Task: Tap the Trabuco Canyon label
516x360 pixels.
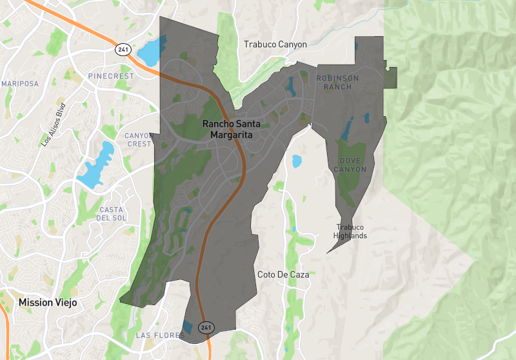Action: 275,45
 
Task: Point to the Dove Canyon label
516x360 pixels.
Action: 350,165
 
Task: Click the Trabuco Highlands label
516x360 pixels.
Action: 350,231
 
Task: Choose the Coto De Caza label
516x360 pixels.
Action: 283,274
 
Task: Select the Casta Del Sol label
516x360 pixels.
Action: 112,214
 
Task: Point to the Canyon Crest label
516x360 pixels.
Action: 139,139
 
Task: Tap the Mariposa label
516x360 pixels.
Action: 20,84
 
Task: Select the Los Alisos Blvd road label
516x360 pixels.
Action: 54,125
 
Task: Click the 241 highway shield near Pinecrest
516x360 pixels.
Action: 123,49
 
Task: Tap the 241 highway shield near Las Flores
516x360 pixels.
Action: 206,328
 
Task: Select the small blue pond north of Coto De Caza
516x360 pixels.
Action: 297,161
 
